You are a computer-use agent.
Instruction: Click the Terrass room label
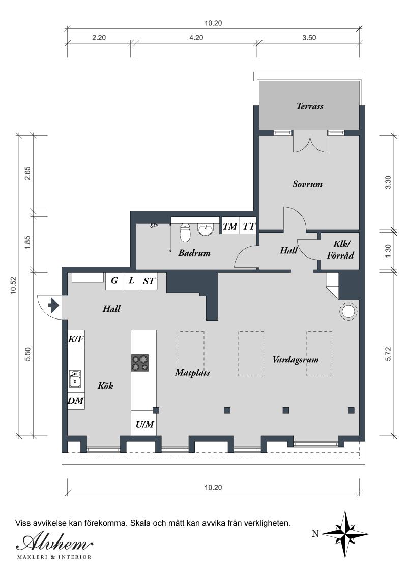310,106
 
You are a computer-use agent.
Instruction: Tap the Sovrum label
307,184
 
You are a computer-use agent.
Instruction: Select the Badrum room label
194,253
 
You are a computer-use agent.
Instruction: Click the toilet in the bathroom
185,232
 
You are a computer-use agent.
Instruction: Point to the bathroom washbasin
206,230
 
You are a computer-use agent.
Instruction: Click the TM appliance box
230,226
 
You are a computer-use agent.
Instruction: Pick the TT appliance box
248,226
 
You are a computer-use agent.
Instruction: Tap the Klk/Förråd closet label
340,250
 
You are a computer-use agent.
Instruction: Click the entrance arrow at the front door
53,305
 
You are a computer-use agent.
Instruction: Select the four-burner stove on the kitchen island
140,363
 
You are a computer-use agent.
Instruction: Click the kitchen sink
75,379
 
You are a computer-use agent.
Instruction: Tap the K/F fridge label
76,340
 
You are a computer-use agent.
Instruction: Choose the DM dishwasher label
76,401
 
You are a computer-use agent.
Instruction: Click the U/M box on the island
144,424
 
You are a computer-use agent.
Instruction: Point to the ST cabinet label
149,281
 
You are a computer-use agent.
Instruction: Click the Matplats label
192,373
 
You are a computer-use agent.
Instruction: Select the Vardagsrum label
296,360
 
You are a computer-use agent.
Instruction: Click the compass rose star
345,534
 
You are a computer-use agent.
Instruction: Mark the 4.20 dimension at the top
196,38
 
